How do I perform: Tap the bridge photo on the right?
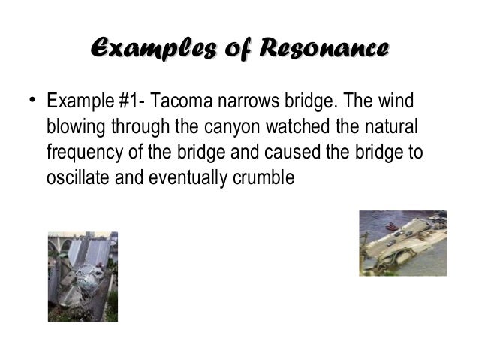[x=402, y=243]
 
